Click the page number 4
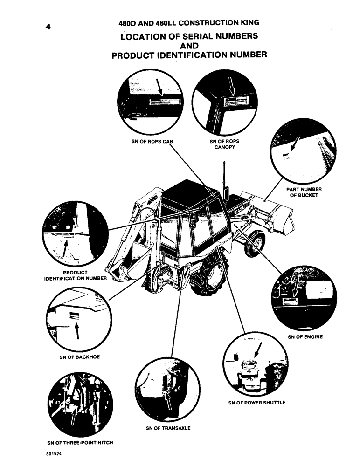(x=48, y=27)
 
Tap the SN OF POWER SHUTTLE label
(x=256, y=403)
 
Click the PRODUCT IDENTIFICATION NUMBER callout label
(x=75, y=275)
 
